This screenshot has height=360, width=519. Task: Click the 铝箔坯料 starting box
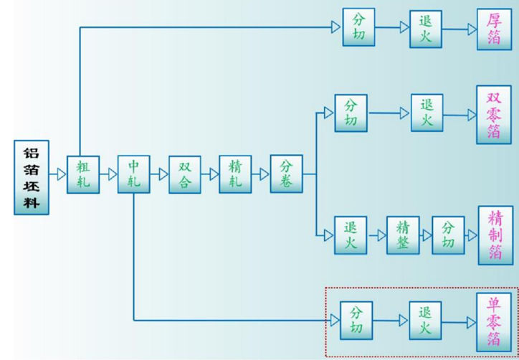32,178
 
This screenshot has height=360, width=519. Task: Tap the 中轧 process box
134,174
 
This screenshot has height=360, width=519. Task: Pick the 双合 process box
185,174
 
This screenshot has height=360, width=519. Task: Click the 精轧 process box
235,174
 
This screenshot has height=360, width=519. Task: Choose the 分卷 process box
286,174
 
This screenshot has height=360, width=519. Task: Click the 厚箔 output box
495,29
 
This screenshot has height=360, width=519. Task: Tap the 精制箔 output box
495,235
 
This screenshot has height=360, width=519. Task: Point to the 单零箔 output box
495,321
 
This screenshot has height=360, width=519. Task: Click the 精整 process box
402,235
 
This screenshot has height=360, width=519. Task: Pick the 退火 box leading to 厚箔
426,29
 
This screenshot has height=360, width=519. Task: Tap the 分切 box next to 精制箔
448,235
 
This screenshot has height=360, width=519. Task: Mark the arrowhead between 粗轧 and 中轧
112,174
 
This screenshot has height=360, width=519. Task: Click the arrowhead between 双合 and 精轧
214,174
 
